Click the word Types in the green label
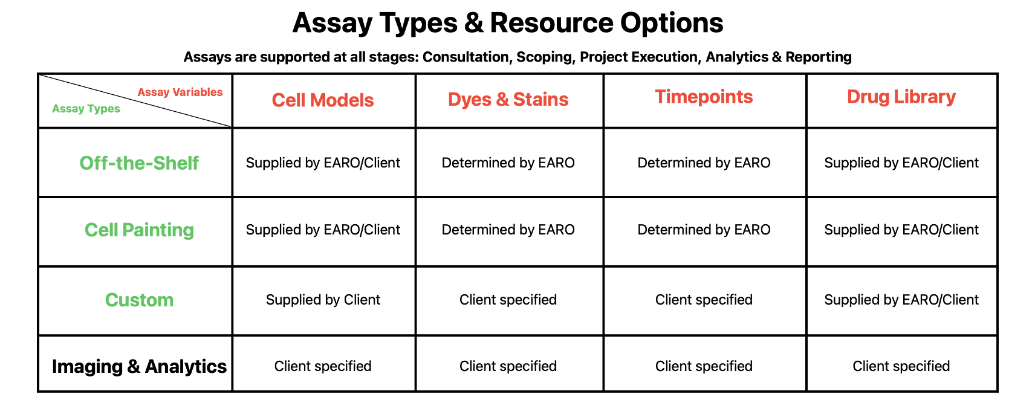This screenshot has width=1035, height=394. click(x=104, y=109)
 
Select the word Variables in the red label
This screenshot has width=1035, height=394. click(x=197, y=92)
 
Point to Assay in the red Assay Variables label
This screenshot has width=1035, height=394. click(x=154, y=92)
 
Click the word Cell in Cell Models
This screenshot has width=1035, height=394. click(x=288, y=100)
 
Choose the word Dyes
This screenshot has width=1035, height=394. click(x=469, y=100)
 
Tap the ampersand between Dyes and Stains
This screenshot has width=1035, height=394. click(x=502, y=100)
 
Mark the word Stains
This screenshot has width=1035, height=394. click(x=540, y=100)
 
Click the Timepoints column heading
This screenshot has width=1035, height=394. click(x=704, y=97)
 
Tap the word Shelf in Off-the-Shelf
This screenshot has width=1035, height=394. click(x=176, y=163)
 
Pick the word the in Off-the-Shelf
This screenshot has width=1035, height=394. click(x=131, y=163)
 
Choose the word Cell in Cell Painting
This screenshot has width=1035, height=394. click(x=101, y=230)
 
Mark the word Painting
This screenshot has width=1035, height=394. click(x=158, y=230)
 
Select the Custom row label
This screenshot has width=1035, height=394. click(x=139, y=300)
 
